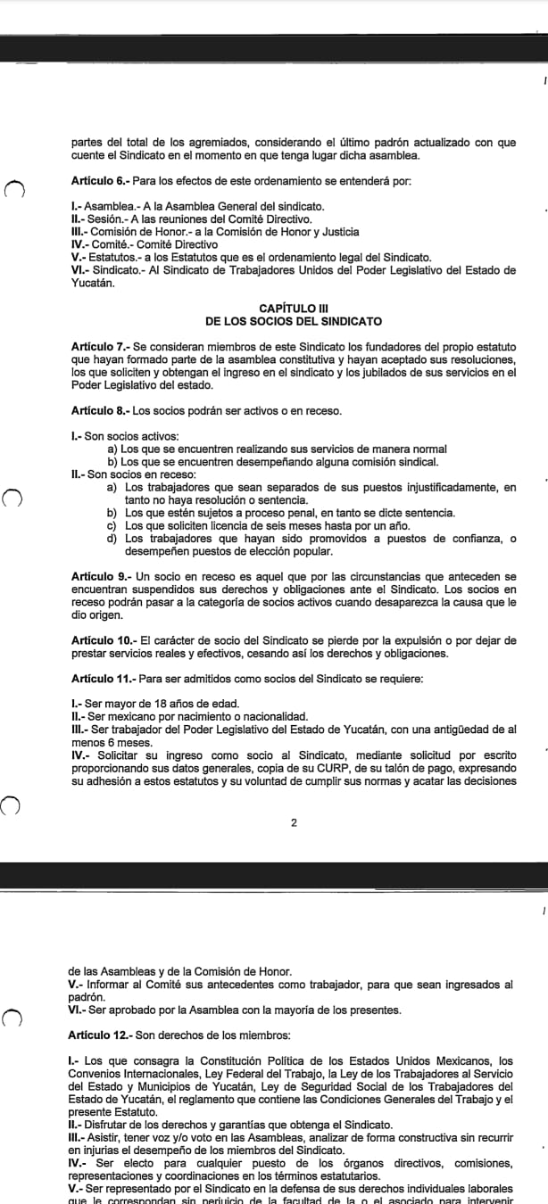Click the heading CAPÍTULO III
tap(293, 308)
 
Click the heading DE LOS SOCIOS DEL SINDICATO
tap(293, 321)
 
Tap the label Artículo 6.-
tap(99, 181)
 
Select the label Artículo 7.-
tap(99, 346)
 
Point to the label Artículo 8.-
tap(99, 410)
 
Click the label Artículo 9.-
tap(99, 577)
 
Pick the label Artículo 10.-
tap(102, 640)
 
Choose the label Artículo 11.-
tap(102, 679)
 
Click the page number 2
tap(294, 822)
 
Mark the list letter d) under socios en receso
tap(112, 538)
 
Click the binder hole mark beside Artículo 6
tap(12, 187)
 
